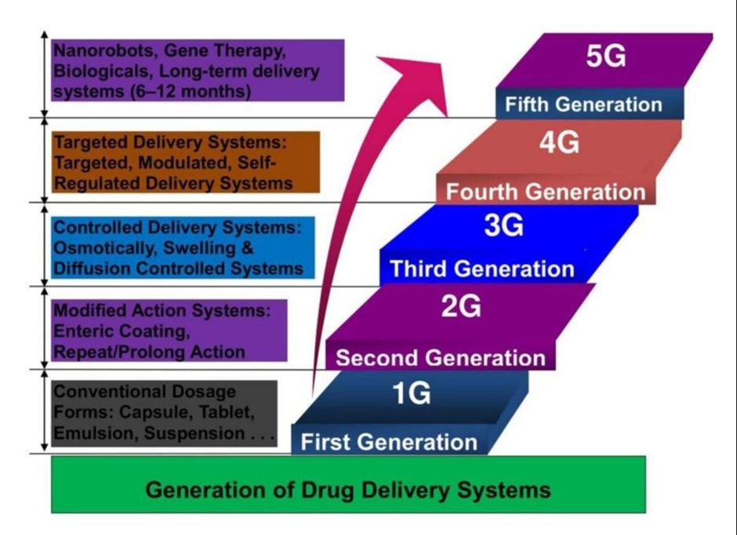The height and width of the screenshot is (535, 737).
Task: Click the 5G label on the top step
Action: (606, 57)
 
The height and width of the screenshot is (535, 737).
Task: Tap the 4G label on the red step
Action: (559, 143)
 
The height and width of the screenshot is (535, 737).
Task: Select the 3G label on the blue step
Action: (503, 226)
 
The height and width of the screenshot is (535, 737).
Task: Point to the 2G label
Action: (461, 307)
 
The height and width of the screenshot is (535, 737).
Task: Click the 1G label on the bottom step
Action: (412, 393)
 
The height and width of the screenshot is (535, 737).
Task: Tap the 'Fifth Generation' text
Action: (583, 104)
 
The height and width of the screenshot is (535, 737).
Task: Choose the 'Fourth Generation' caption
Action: (546, 192)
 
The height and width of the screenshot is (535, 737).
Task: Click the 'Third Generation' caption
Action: (482, 269)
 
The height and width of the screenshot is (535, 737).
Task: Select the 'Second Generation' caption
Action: (441, 358)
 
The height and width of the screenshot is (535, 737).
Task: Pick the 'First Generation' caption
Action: (389, 442)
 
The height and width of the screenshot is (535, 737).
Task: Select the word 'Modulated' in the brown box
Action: (185, 162)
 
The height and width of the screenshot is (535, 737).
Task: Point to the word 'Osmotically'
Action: (105, 248)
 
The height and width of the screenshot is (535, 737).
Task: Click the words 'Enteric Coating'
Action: (122, 331)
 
